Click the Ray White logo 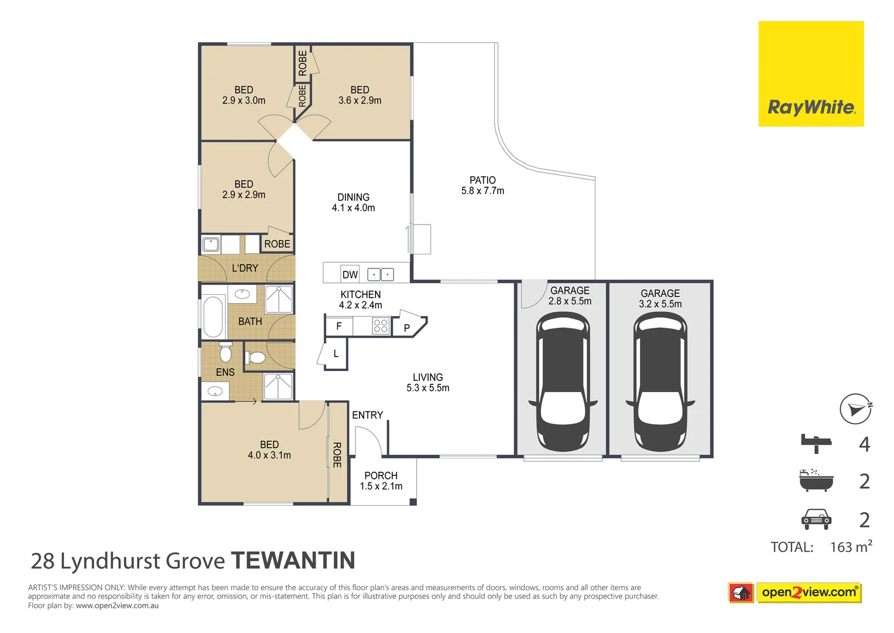tap(811, 73)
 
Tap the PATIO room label tap(482, 181)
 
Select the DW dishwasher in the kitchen tap(350, 274)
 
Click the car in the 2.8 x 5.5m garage tap(563, 382)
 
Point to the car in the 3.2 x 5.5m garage tap(660, 382)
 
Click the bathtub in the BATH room tap(214, 317)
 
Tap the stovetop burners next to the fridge tap(381, 326)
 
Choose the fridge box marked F tap(339, 326)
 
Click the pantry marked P tap(409, 326)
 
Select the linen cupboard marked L tap(335, 354)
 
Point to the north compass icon tap(855, 409)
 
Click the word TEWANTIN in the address tap(293, 561)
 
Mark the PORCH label tap(381, 475)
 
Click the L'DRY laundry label tap(245, 268)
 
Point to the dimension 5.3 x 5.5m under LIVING tap(428, 387)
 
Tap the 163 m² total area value tap(851, 546)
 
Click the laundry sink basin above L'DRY tap(210, 244)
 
